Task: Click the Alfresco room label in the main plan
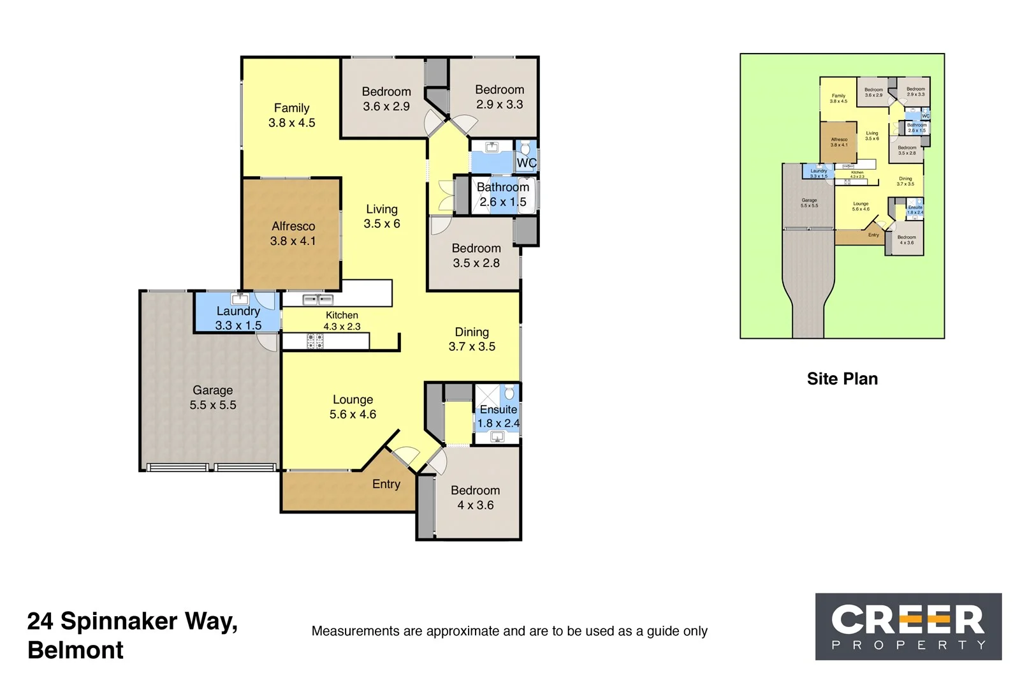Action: (x=293, y=226)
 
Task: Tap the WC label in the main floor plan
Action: (x=526, y=163)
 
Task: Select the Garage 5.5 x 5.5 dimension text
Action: (x=213, y=405)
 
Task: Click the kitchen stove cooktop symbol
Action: (x=316, y=341)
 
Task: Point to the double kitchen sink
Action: (x=317, y=299)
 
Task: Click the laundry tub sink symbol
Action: (x=240, y=299)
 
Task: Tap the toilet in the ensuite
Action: (x=509, y=392)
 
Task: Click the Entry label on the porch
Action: (x=386, y=484)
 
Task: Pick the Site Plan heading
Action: (x=842, y=379)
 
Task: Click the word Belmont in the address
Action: (x=76, y=650)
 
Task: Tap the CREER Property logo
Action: (x=908, y=626)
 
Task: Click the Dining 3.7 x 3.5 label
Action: (x=472, y=339)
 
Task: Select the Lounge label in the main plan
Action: (x=353, y=400)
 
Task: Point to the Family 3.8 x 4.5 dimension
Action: (x=292, y=123)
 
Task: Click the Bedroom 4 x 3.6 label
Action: (x=476, y=498)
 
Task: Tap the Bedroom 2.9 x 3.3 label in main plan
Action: (x=500, y=97)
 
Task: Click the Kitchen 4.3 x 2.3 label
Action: (x=342, y=320)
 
